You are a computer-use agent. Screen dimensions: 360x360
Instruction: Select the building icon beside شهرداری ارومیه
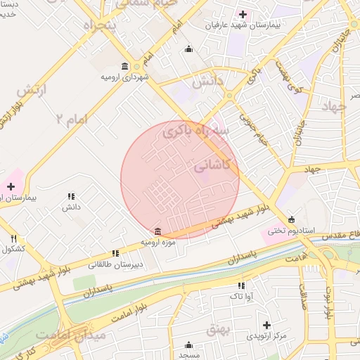click(125, 67)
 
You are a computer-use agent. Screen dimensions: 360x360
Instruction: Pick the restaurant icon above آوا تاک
click(241, 286)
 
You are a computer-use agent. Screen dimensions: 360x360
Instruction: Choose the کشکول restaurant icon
click(14, 238)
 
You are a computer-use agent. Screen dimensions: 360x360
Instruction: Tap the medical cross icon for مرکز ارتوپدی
click(266, 325)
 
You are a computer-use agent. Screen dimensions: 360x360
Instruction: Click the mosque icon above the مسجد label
click(188, 345)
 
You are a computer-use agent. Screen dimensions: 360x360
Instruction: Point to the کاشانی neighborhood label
click(216, 168)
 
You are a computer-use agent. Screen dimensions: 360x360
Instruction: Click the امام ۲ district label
click(75, 120)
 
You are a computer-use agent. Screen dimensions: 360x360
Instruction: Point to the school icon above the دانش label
click(70, 197)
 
